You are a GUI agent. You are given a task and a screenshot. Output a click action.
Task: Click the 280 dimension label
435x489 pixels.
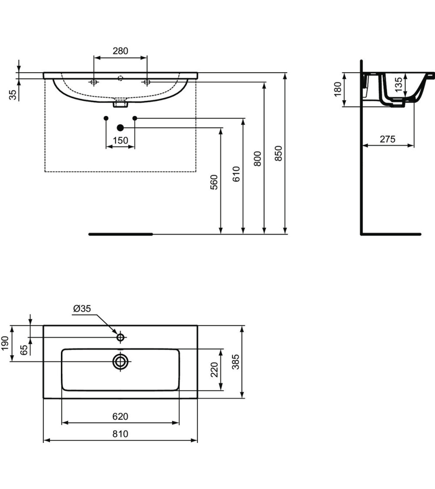click(120, 51)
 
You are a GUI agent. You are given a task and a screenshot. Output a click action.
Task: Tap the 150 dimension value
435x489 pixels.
click(120, 140)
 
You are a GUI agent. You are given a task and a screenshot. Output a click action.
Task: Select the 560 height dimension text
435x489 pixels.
click(214, 182)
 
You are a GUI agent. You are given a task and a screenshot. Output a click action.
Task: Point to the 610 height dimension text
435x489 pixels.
click(236, 174)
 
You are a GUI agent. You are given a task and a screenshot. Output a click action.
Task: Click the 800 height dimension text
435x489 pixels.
click(257, 159)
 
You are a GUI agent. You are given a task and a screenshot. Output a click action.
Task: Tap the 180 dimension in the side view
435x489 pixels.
click(338, 90)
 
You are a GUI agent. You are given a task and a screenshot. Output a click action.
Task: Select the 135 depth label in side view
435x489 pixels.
click(398, 83)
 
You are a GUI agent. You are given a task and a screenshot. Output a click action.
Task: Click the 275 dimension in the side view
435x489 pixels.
click(388, 139)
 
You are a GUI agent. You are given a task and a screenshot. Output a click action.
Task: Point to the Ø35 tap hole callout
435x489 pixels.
click(82, 309)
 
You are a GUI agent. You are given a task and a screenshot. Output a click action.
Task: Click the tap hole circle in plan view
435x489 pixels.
click(120, 337)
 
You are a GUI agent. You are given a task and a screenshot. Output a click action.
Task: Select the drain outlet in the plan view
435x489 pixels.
click(120, 361)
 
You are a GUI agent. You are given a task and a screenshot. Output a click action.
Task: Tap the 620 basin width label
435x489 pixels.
click(120, 416)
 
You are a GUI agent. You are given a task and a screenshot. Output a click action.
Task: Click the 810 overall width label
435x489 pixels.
click(120, 434)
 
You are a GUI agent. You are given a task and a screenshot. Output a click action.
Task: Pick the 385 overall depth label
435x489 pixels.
click(235, 362)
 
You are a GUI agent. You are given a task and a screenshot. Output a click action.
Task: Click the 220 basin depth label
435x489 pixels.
click(214, 370)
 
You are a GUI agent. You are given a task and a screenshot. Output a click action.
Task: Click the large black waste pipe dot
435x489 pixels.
click(120, 127)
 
